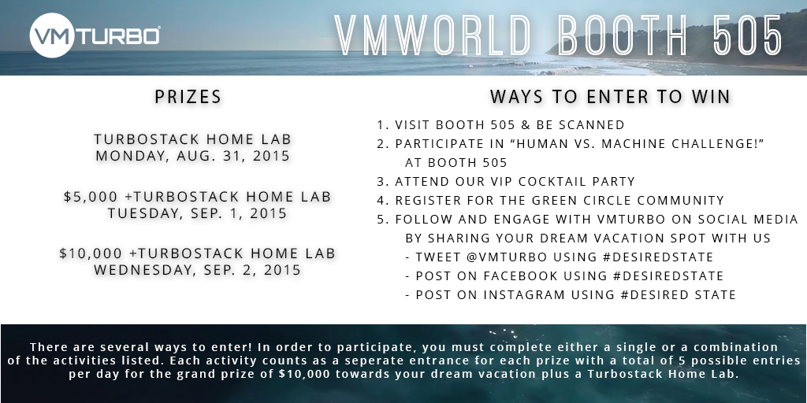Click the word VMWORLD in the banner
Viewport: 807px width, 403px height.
click(x=433, y=35)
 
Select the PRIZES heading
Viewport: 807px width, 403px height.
click(x=188, y=98)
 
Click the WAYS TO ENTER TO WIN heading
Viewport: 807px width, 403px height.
click(x=610, y=97)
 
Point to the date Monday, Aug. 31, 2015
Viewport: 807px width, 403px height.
click(x=193, y=156)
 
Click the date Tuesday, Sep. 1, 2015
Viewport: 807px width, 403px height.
click(x=197, y=213)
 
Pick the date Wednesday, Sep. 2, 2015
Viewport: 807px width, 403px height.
click(x=197, y=270)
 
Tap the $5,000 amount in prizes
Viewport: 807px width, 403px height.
click(x=87, y=197)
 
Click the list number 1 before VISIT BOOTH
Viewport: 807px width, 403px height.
click(x=381, y=125)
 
